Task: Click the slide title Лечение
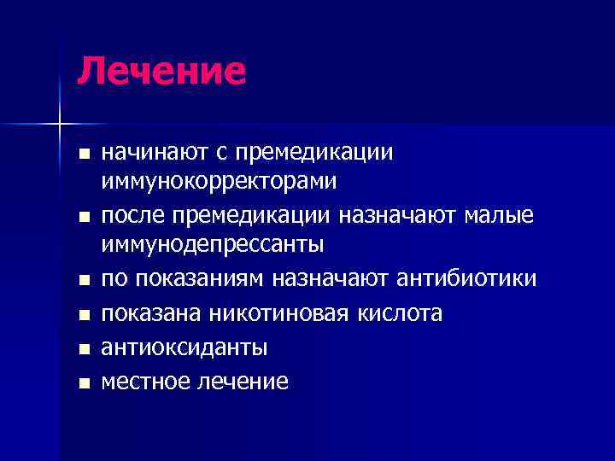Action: click(161, 71)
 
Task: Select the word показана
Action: click(152, 314)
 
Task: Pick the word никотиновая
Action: click(277, 314)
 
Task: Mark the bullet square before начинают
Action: click(82, 155)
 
